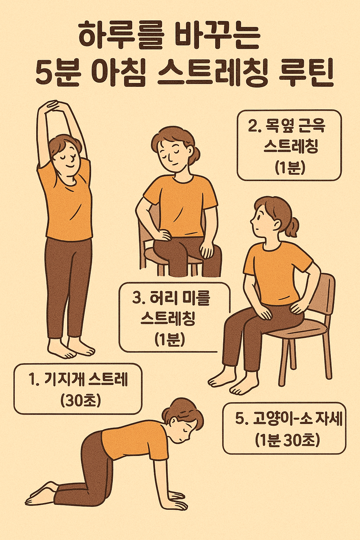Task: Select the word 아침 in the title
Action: click(118, 73)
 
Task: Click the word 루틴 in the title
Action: click(306, 73)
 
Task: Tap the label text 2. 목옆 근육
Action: click(287, 126)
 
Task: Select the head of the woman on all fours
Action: click(185, 420)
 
